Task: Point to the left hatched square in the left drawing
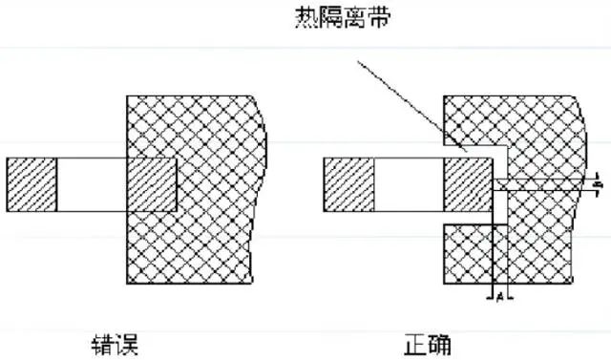pyautogui.click(x=32, y=184)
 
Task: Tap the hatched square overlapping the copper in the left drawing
pyautogui.click(x=152, y=184)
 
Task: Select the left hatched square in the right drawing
pyautogui.click(x=348, y=184)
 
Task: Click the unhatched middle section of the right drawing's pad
pyautogui.click(x=408, y=184)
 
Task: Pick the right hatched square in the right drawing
pyautogui.click(x=466, y=184)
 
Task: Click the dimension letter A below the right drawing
pyautogui.click(x=497, y=297)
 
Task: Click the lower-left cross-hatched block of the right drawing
pyautogui.click(x=466, y=252)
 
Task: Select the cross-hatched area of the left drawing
pyautogui.click(x=210, y=248)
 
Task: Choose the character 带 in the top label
pyautogui.click(x=376, y=20)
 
